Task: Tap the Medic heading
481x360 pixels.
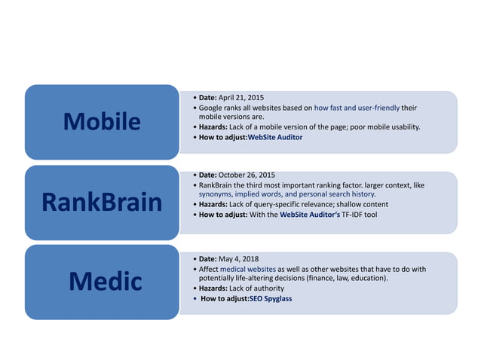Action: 106,282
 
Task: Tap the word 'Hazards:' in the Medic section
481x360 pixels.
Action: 213,288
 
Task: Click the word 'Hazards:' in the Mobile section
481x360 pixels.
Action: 213,127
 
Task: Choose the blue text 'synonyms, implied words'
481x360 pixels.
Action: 233,194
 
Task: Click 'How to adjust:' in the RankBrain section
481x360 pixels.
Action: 222,215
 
